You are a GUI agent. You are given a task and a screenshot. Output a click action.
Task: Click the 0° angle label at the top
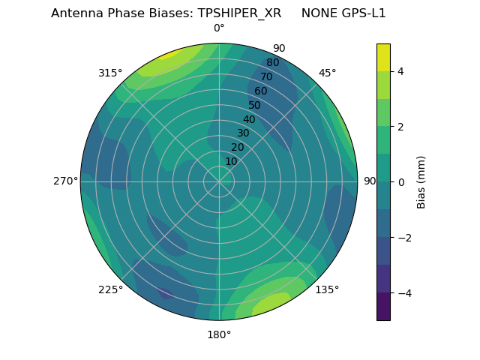(219, 28)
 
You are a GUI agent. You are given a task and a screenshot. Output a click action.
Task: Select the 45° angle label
(327, 73)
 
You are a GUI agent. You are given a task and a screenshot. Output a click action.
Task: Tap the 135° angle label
(327, 289)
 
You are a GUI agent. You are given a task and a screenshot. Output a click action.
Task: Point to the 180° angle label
(219, 334)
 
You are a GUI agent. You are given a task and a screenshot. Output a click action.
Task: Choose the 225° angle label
(110, 289)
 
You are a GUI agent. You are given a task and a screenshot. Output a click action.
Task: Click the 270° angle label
(65, 181)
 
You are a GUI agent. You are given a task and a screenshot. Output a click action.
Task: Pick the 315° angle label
(110, 73)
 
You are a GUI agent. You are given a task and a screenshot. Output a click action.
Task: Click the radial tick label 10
(231, 161)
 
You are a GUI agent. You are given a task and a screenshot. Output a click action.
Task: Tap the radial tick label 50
(255, 106)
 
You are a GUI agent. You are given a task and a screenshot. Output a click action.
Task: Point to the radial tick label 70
(266, 77)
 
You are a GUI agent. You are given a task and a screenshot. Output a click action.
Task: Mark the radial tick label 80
(272, 63)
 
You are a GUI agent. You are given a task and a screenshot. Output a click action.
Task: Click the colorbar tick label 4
(401, 71)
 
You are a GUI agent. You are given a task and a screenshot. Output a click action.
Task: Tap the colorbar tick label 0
(401, 182)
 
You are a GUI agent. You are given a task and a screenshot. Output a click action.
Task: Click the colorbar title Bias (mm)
(421, 181)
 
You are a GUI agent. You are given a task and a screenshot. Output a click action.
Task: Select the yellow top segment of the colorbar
(383, 57)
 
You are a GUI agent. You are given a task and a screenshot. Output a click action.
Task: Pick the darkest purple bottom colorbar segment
(383, 306)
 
